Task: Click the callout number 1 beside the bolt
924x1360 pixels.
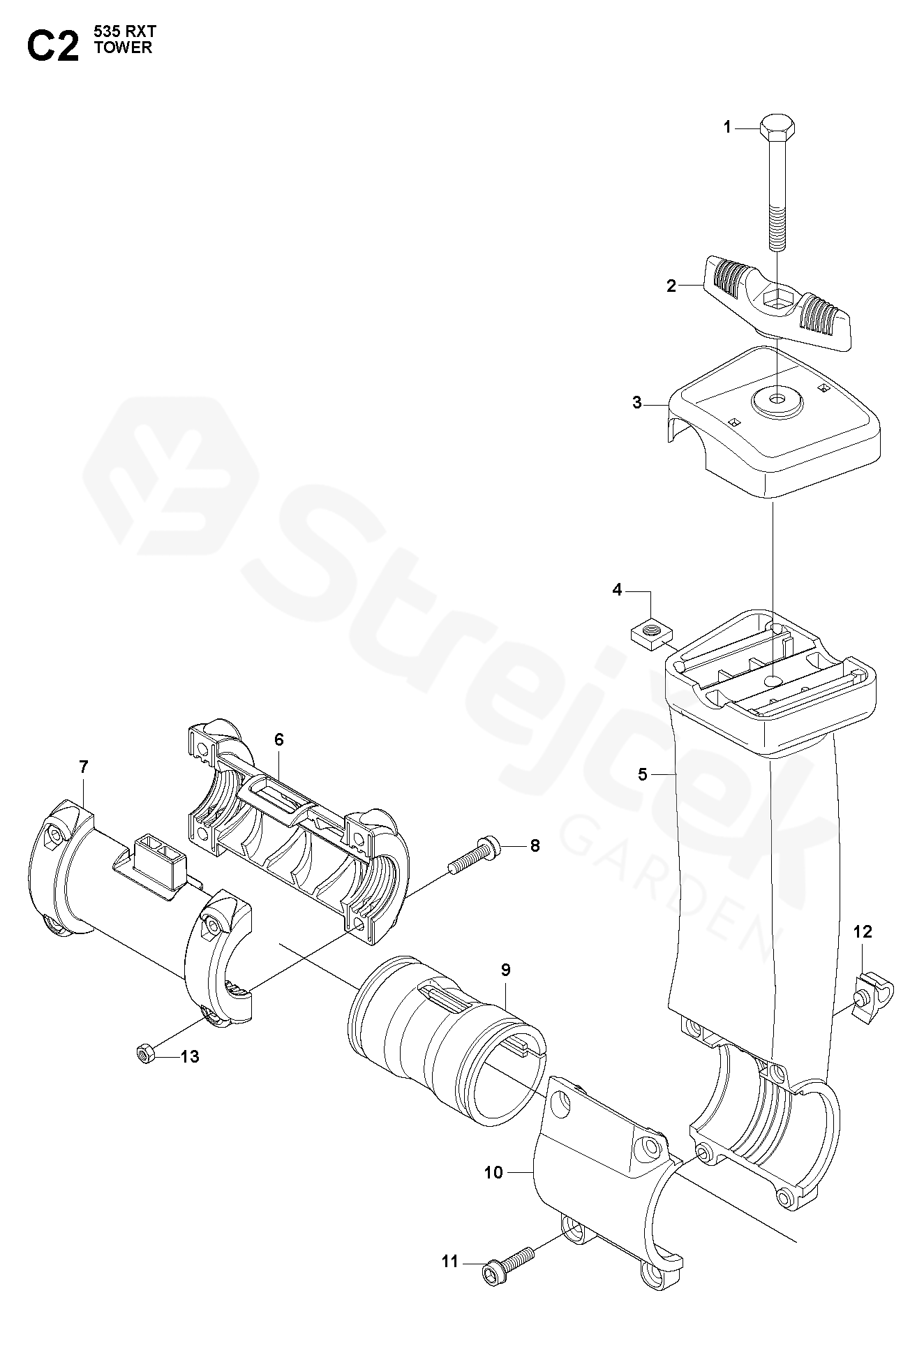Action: coord(726,128)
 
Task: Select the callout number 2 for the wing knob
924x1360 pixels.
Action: coord(671,286)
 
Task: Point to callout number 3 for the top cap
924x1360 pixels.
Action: coord(636,403)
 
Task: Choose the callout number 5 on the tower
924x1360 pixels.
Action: coord(643,774)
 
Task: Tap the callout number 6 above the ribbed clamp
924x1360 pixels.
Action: coord(279,739)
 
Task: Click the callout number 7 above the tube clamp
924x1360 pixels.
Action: coord(84,767)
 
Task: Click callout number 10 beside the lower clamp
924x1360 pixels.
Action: coord(493,1172)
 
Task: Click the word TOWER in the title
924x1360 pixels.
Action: coord(123,49)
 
